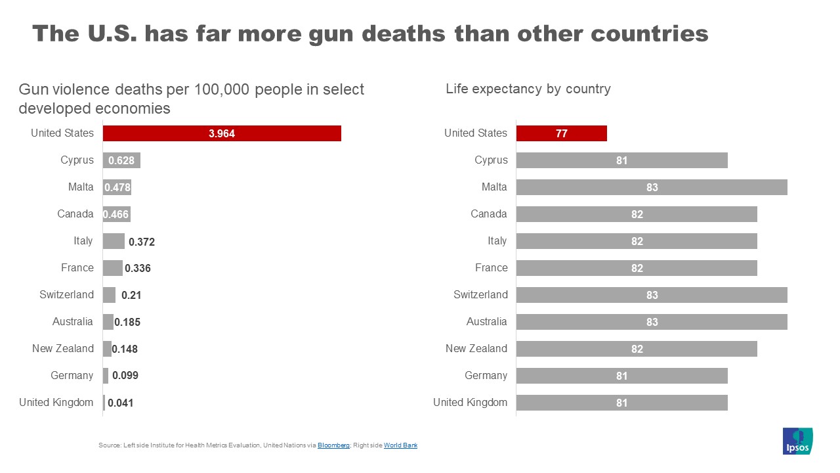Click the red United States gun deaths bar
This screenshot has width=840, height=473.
pyautogui.click(x=222, y=133)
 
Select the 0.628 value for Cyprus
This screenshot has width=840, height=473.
pyautogui.click(x=121, y=161)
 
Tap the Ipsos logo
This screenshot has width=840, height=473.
pyautogui.click(x=797, y=441)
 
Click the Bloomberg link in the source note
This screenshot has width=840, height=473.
pyautogui.click(x=333, y=445)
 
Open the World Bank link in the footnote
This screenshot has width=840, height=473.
pyautogui.click(x=400, y=445)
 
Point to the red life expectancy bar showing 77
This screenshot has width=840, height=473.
pyautogui.click(x=561, y=133)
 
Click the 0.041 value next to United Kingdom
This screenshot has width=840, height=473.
pyautogui.click(x=121, y=403)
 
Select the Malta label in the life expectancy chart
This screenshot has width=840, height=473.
pyautogui.click(x=494, y=187)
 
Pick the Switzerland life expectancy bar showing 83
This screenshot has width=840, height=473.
pyautogui.click(x=651, y=295)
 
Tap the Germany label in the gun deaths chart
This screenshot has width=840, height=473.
pyautogui.click(x=72, y=376)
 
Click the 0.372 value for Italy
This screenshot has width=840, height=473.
pyautogui.click(x=142, y=242)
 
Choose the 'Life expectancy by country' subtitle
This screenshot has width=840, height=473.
pyautogui.click(x=528, y=89)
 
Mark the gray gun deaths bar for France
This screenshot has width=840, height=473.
pyautogui.click(x=112, y=268)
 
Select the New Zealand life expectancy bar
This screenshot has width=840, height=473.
pyautogui.click(x=636, y=349)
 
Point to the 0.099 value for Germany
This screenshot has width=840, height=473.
pyautogui.click(x=125, y=376)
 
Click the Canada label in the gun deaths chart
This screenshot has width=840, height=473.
pyautogui.click(x=75, y=214)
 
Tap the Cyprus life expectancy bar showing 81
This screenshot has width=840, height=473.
pyautogui.click(x=621, y=160)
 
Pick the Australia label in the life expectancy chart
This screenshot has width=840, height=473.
pyautogui.click(x=486, y=322)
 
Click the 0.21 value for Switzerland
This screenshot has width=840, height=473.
pyautogui.click(x=131, y=296)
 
